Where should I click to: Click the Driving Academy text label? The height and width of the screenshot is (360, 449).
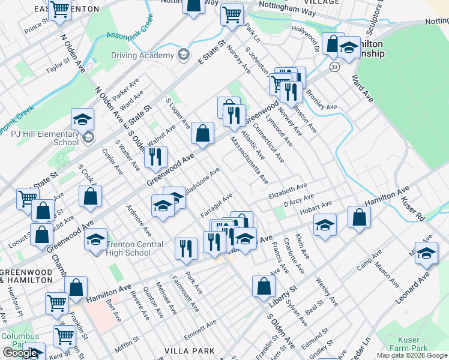point(142,56)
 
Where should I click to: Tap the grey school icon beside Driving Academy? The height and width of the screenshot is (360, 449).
point(183,55)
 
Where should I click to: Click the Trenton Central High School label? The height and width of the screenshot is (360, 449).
point(134,248)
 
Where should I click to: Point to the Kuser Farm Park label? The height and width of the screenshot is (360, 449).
point(409,344)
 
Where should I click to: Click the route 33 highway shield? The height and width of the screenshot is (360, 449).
point(334,67)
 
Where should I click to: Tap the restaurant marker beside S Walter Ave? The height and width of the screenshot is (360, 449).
point(155,157)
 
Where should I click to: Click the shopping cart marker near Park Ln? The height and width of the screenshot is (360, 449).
point(232,14)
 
